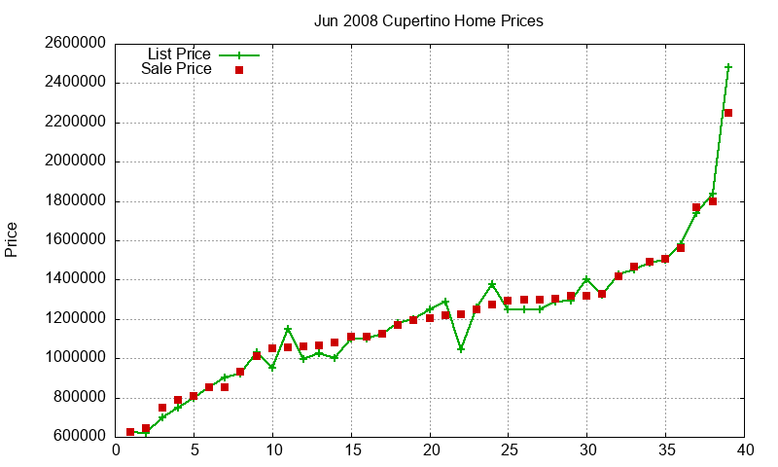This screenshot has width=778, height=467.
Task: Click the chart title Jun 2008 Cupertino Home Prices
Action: coord(428,20)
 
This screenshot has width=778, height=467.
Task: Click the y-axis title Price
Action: coord(12,239)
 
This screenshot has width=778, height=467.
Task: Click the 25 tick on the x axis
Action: coord(509,450)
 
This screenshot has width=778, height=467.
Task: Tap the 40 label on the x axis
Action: coord(745,450)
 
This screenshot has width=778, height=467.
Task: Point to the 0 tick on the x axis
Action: coord(116,450)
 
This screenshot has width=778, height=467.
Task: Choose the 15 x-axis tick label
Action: coord(351,450)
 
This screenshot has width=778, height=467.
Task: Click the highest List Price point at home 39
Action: coord(728,67)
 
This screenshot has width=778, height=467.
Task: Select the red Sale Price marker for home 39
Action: coord(728,113)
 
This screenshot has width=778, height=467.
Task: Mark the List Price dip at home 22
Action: coord(461,348)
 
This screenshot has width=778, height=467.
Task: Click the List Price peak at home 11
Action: coord(288,329)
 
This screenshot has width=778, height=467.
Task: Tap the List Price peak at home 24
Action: coord(492,284)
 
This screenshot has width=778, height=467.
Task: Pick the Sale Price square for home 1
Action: coord(130,432)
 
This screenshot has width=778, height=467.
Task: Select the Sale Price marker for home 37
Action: coord(696,207)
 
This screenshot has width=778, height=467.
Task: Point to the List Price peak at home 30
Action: coord(586,279)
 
